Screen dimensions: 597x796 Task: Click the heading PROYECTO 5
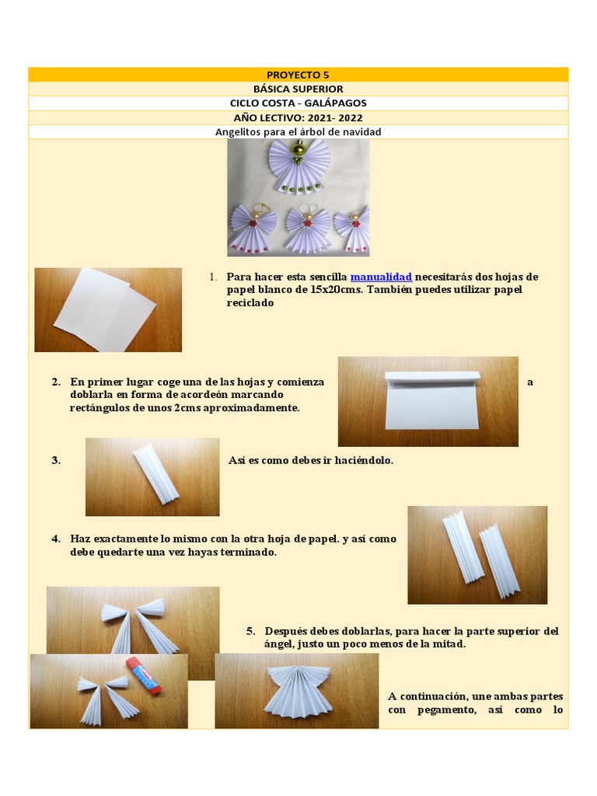pyautogui.click(x=298, y=75)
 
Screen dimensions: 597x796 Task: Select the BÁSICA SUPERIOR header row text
pyautogui.click(x=298, y=89)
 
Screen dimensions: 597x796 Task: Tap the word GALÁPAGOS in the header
pyautogui.click(x=335, y=103)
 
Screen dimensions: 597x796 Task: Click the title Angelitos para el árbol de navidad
pyautogui.click(x=298, y=132)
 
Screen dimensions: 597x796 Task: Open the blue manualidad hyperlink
pyautogui.click(x=381, y=278)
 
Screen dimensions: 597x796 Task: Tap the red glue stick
pyautogui.click(x=143, y=676)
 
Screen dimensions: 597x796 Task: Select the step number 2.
pyautogui.click(x=56, y=382)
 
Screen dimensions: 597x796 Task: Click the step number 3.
pyautogui.click(x=56, y=461)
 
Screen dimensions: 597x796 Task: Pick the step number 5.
pyautogui.click(x=251, y=631)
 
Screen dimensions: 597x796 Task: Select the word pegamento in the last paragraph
pyautogui.click(x=447, y=710)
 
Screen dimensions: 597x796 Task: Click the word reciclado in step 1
pyautogui.click(x=250, y=303)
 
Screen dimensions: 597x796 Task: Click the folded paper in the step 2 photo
pyautogui.click(x=432, y=400)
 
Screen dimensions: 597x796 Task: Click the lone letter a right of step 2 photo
pyautogui.click(x=530, y=382)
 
